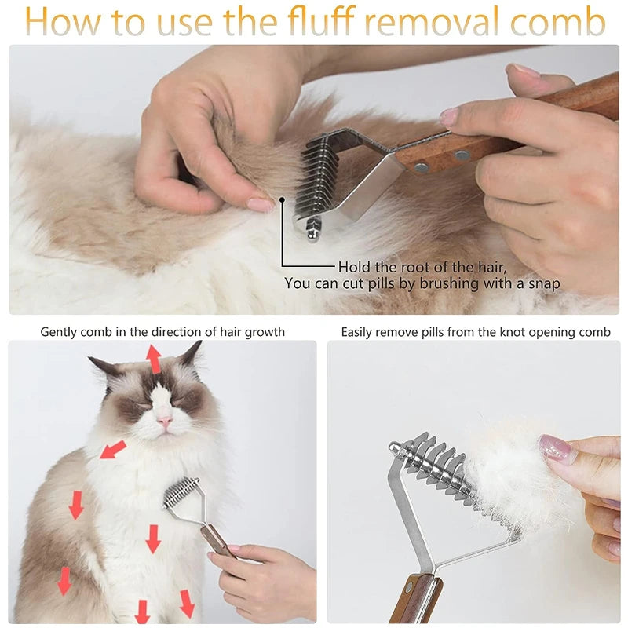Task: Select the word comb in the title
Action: pyautogui.click(x=560, y=23)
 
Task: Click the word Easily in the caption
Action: pyautogui.click(x=360, y=332)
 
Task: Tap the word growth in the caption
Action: pyautogui.click(x=265, y=332)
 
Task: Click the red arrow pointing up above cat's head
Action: pyautogui.click(x=154, y=358)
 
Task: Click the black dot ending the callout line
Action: pyautogui.click(x=282, y=202)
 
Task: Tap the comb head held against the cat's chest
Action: pyautogui.click(x=181, y=495)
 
